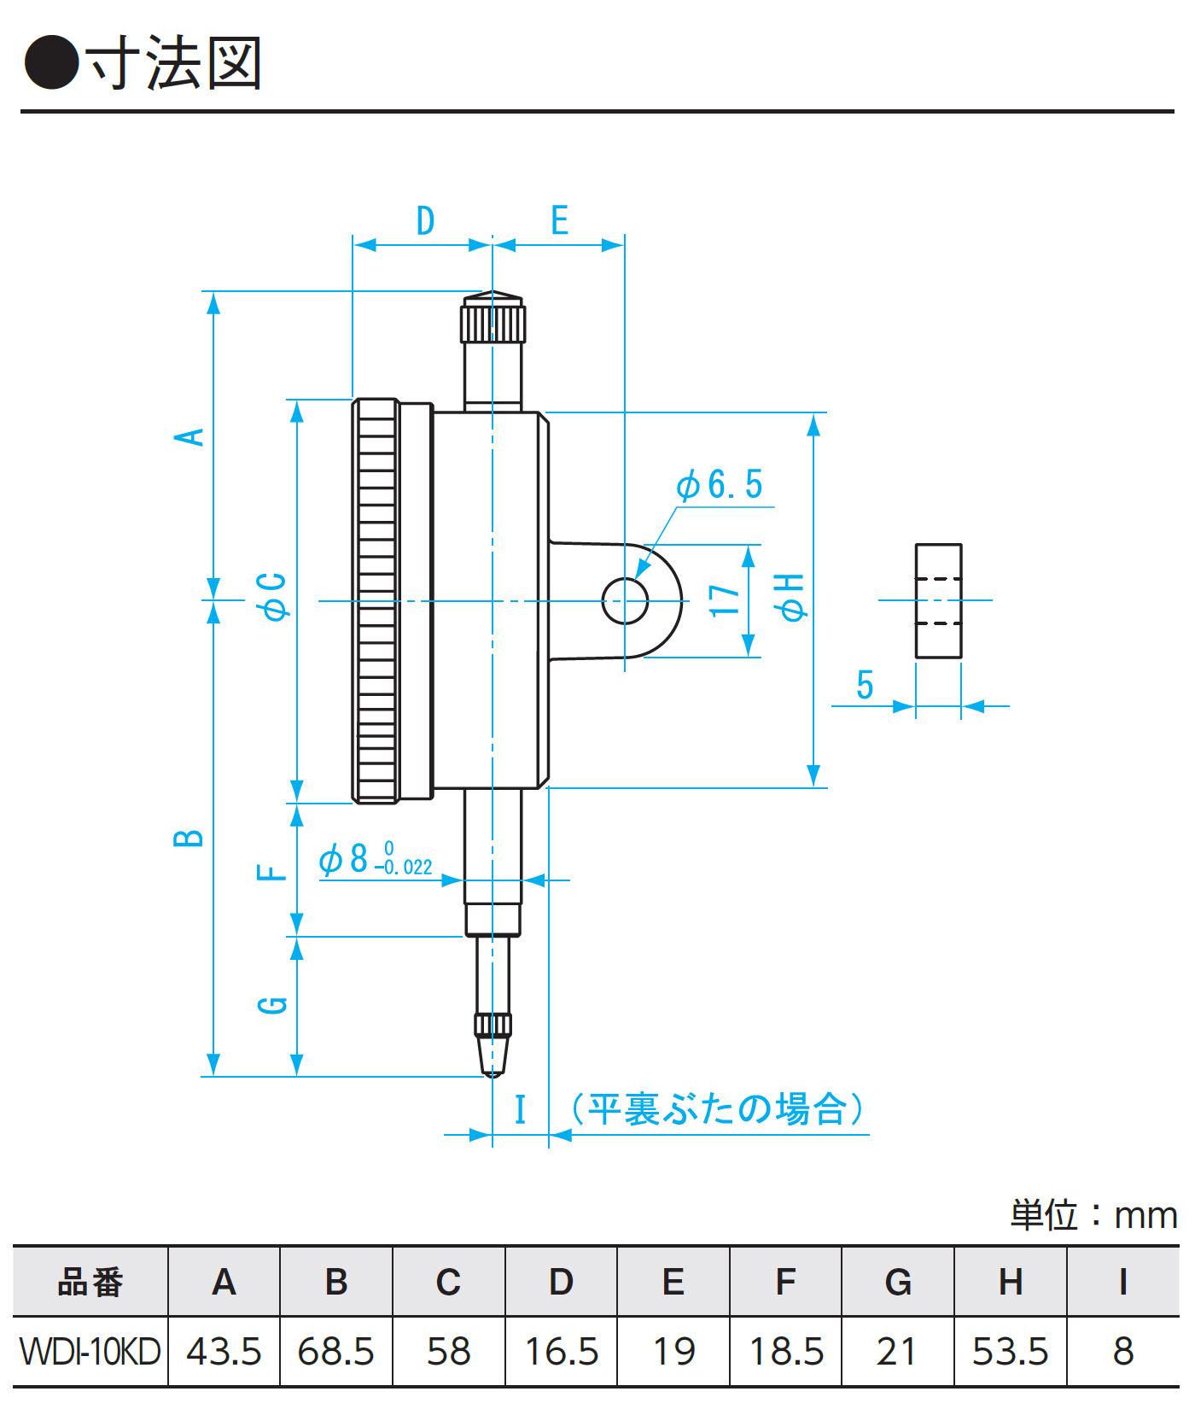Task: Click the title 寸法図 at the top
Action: pyautogui.click(x=175, y=63)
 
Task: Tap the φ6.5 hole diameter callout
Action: pyautogui.click(x=720, y=485)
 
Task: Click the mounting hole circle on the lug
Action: pyautogui.click(x=625, y=600)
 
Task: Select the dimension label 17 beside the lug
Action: pyautogui.click(x=725, y=600)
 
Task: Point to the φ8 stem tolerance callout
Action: pyautogui.click(x=376, y=859)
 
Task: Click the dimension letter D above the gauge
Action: pyautogui.click(x=425, y=221)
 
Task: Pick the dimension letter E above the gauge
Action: pyautogui.click(x=559, y=221)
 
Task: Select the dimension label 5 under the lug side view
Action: pyautogui.click(x=865, y=685)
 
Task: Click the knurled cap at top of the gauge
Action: pyautogui.click(x=493, y=320)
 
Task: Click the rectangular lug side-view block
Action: pyautogui.click(x=938, y=600)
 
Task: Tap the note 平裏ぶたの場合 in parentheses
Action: pyautogui.click(x=717, y=1109)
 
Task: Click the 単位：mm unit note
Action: pyautogui.click(x=1093, y=1214)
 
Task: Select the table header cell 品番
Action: pyautogui.click(x=90, y=1282)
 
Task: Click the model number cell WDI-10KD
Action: pyautogui.click(x=90, y=1352)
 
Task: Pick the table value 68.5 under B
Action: pyautogui.click(x=335, y=1352)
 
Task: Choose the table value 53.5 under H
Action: pyautogui.click(x=1010, y=1352)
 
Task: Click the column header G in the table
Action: pyautogui.click(x=897, y=1282)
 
